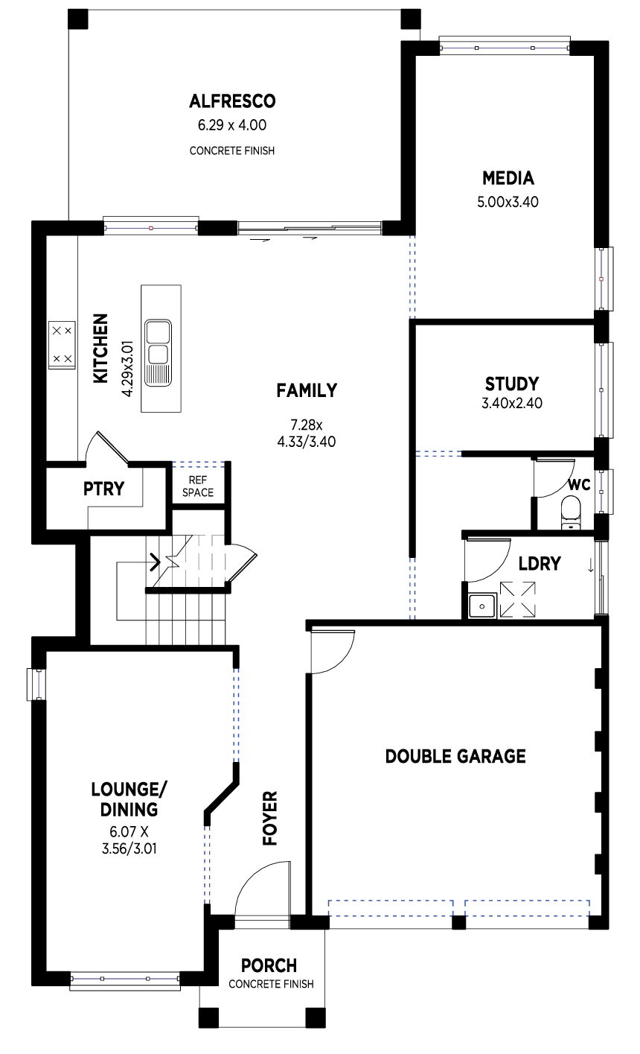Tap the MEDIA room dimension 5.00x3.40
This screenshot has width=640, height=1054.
508,200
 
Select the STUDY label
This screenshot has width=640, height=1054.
512,384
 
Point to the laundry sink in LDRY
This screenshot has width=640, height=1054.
482,606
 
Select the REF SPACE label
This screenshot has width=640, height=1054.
200,486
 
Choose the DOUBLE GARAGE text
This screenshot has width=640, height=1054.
455,757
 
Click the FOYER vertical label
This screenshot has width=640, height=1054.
269,818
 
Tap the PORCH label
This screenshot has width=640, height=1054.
269,965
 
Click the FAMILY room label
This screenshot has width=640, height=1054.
307,390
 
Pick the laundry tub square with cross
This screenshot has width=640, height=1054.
517,600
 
